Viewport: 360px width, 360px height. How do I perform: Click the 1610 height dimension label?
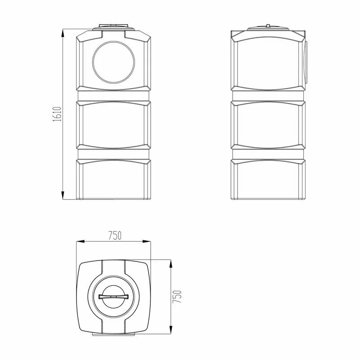(x=57, y=114)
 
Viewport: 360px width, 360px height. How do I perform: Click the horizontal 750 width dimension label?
(x=115, y=235)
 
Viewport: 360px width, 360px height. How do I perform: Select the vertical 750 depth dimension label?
(x=177, y=297)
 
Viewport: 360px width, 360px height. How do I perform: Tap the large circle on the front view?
(x=114, y=62)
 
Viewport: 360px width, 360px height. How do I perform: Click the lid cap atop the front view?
(x=113, y=27)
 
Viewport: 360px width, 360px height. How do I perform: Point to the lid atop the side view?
(x=268, y=27)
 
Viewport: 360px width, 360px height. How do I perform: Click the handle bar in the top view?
(x=113, y=297)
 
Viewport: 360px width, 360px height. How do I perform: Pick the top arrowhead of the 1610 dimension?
(x=63, y=33)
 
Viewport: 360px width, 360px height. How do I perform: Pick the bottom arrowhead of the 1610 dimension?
(x=63, y=195)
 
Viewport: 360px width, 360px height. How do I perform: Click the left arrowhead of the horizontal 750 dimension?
(x=81, y=241)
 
